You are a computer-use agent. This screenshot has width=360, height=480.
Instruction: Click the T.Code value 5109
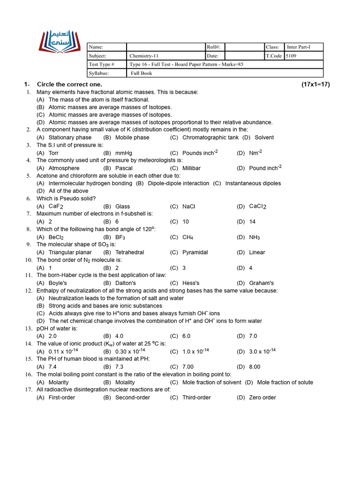pyautogui.click(x=291, y=56)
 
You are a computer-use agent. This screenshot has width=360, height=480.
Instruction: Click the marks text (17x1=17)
pyautogui.click(x=315, y=84)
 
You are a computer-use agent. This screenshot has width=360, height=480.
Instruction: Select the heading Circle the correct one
pyautogui.click(x=69, y=84)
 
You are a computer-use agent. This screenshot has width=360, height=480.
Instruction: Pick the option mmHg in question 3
pyautogui.click(x=124, y=153)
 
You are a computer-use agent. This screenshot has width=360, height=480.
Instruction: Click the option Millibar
pyautogui.click(x=191, y=168)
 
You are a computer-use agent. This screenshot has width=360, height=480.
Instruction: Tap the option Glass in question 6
pyautogui.click(x=122, y=207)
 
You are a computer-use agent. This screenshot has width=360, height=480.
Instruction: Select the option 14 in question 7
pyautogui.click(x=252, y=222)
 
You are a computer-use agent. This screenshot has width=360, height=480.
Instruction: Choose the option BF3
pyautogui.click(x=120, y=237)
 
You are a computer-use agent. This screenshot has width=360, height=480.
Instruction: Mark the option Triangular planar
pyautogui.click(x=70, y=253)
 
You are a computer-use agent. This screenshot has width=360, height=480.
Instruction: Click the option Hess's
pyautogui.click(x=191, y=283)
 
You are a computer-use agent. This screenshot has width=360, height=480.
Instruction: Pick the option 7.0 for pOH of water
pyautogui.click(x=253, y=337)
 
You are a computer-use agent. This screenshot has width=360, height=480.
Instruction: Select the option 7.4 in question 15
pyautogui.click(x=52, y=367)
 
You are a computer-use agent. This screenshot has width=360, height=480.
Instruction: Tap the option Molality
pyautogui.click(x=125, y=382)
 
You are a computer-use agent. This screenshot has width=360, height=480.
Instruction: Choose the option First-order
pyautogui.click(x=61, y=398)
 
